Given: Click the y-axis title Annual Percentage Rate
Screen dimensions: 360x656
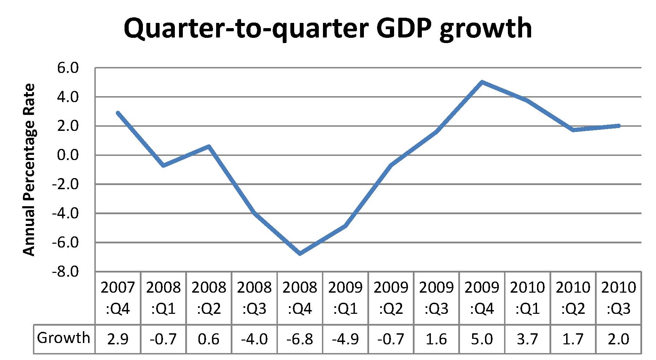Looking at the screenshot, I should [x=29, y=170].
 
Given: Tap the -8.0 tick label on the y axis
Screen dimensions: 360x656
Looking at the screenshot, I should [x=66, y=271].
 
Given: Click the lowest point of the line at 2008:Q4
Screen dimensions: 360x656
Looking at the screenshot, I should [x=300, y=254].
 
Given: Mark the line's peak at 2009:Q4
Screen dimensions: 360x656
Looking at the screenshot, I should [x=482, y=82].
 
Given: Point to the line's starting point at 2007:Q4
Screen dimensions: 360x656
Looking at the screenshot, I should [x=118, y=113].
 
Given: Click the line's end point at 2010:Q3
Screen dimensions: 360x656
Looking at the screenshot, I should [x=619, y=126].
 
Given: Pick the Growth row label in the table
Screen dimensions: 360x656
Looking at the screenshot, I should [x=63, y=338].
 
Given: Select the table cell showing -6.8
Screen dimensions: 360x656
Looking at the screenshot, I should [x=300, y=339].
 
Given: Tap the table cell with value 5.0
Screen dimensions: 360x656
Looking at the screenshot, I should [x=482, y=339].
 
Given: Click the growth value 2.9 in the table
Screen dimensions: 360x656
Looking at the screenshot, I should [x=118, y=339].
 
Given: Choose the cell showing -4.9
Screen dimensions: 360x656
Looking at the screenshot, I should [x=346, y=339].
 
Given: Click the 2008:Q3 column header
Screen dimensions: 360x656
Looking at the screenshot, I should [x=254, y=298].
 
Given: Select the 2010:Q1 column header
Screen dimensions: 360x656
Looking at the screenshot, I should [x=528, y=298].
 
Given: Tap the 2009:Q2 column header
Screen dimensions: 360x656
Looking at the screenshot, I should [x=391, y=298].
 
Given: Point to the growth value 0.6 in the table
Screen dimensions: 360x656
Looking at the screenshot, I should [x=209, y=339].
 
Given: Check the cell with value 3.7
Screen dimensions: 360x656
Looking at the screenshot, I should [x=528, y=339].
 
